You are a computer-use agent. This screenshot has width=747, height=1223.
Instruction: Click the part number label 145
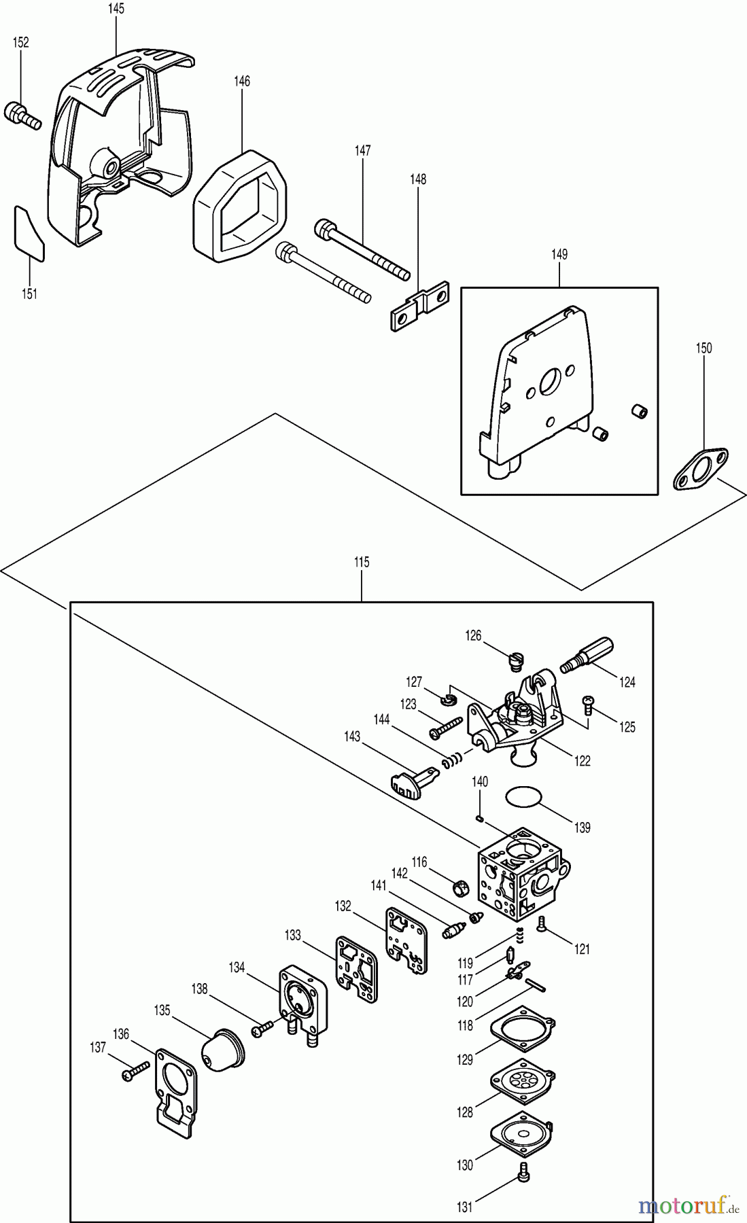click(116, 9)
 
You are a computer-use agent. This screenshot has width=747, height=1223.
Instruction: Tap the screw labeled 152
click(22, 116)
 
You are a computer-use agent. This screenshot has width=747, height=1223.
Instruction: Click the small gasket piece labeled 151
click(29, 233)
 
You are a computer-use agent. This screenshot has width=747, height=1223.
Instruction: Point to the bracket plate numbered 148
click(419, 306)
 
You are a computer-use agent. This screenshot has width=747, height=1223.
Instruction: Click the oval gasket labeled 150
click(700, 469)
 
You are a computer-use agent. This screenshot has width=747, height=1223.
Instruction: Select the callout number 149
click(559, 254)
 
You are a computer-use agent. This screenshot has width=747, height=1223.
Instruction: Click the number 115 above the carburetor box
click(362, 562)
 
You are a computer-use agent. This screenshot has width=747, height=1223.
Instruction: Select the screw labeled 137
click(135, 1072)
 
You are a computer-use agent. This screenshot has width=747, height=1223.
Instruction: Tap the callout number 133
click(293, 936)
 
